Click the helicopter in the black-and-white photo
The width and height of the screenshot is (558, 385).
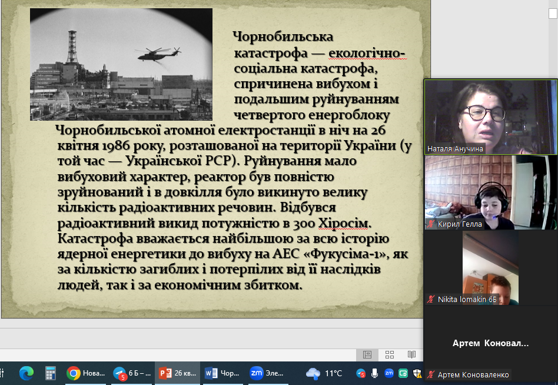point(158,54)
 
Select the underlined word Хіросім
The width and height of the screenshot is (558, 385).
point(344,224)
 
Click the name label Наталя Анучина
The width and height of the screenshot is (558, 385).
point(455,149)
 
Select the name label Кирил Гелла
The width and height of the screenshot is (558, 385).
point(460,224)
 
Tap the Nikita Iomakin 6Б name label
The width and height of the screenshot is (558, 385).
point(467,299)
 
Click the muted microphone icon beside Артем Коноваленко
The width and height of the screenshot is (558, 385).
point(431,374)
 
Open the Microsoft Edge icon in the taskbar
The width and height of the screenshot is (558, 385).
point(26,373)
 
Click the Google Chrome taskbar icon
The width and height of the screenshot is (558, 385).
point(74,373)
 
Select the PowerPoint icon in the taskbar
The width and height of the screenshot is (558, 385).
point(165,373)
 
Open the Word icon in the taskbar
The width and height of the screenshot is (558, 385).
point(211,373)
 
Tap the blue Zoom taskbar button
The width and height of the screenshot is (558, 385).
point(256,373)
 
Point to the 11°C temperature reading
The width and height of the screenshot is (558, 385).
point(334,373)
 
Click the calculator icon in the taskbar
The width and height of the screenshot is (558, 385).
point(50,373)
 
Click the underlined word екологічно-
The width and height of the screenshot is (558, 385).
point(367,54)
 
